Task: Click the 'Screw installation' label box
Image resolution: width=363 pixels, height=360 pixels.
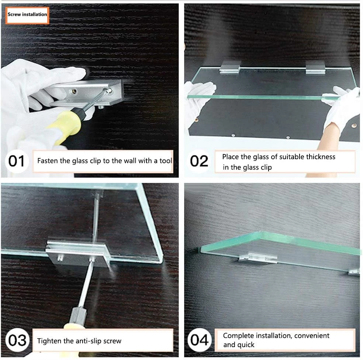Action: tap(27, 15)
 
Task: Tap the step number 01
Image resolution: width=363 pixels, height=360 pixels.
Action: tap(16, 161)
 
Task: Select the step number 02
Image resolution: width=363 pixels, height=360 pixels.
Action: tap(199, 161)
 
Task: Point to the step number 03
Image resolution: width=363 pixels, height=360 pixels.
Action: tap(17, 340)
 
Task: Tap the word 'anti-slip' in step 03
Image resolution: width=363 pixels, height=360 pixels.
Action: tap(89, 341)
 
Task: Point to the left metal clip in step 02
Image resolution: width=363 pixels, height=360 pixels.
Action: tap(230, 67)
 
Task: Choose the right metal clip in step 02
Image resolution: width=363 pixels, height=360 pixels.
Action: tap(315, 67)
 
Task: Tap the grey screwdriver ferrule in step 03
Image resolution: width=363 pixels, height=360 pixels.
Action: tap(78, 315)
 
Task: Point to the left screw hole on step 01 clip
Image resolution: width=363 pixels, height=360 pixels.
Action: tap(74, 91)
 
